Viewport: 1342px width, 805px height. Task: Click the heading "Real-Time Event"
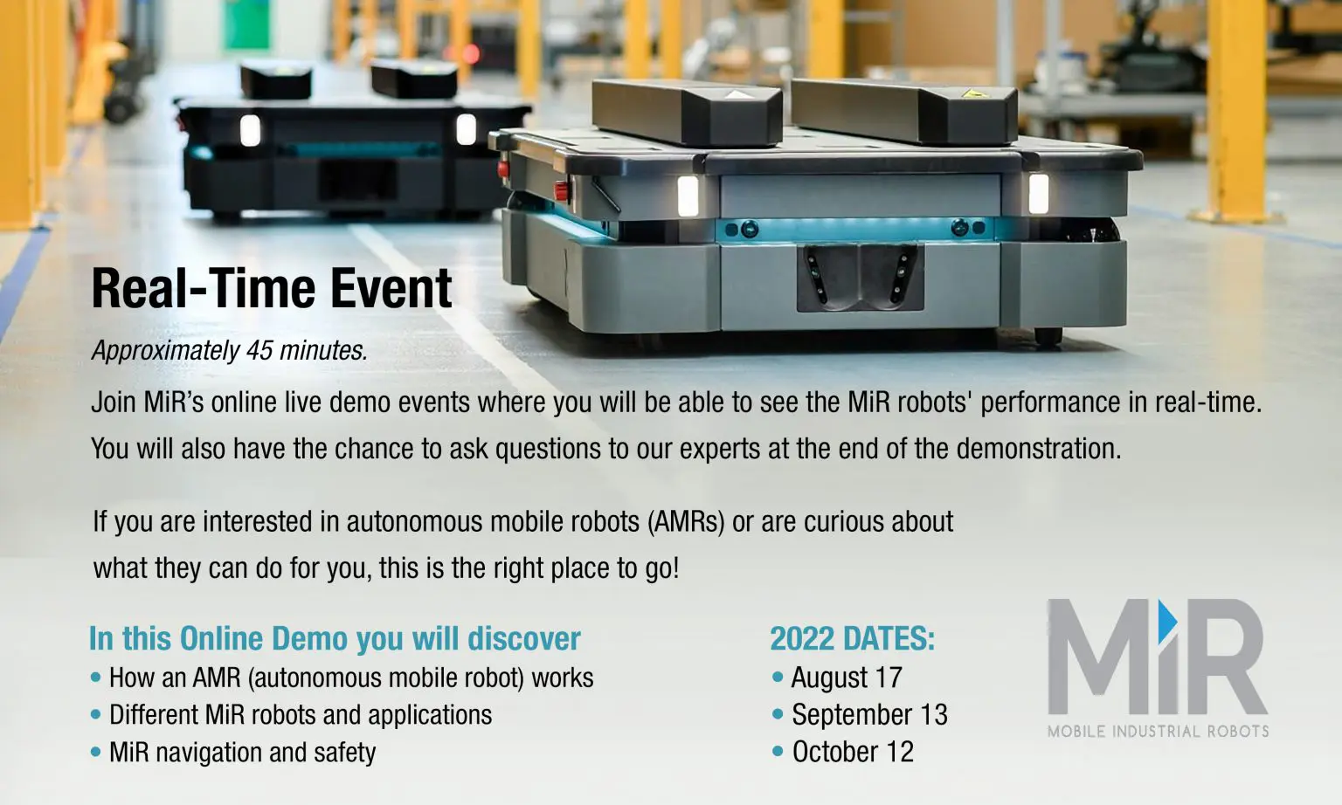272,288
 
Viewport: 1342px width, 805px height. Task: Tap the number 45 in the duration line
259,351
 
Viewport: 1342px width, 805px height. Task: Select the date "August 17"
847,678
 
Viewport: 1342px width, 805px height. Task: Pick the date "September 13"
870,714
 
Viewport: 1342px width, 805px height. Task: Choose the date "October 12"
853,752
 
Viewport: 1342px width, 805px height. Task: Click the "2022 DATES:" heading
853,638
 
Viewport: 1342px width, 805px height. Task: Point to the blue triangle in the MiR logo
1167,622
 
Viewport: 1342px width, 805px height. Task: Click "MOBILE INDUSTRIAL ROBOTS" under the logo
1158,731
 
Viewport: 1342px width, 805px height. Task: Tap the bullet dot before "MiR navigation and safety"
95,751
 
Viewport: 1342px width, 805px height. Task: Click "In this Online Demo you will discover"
335,638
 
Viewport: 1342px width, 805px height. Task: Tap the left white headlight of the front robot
688,196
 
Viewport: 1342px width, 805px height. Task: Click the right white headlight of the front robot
1039,193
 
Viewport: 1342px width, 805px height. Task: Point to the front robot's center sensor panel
860,278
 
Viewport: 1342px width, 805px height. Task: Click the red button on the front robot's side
562,191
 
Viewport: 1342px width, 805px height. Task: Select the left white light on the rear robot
251,130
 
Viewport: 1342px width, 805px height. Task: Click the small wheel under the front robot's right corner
1048,336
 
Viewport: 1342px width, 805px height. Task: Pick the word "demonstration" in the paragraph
1038,449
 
